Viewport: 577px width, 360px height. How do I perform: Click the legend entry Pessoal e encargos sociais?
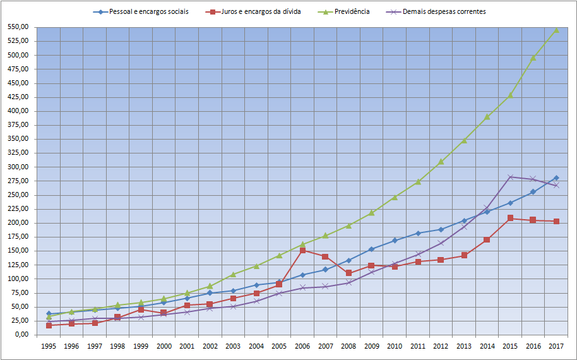148,12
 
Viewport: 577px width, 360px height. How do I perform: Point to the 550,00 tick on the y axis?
18,27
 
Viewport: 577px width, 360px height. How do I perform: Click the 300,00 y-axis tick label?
18,167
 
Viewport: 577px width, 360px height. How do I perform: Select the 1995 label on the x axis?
49,346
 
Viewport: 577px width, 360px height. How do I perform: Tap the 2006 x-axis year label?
302,346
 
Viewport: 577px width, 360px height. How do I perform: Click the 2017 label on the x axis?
556,346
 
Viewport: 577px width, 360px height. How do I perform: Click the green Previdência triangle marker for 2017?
556,30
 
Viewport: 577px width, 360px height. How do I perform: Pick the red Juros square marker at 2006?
302,250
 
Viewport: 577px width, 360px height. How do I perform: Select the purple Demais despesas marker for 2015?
510,177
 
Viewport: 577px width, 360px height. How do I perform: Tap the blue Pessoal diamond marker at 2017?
556,178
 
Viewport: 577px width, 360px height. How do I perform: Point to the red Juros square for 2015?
510,218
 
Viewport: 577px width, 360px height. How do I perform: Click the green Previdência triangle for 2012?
441,162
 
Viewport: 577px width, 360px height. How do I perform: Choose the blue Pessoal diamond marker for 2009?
372,249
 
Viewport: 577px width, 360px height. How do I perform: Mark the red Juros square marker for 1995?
49,325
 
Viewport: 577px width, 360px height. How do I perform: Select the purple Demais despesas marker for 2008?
348,282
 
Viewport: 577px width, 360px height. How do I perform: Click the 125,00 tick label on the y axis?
18,265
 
